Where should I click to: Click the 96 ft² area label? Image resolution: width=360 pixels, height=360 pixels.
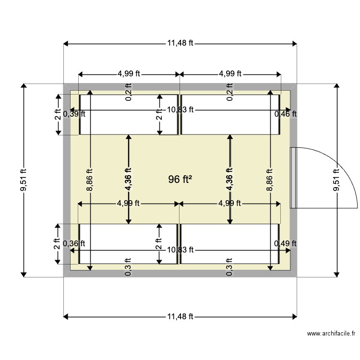tap(180, 180)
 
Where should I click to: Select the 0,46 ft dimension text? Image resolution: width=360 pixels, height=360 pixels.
tap(286, 114)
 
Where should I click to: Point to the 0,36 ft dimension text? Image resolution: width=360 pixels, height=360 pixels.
tap(74, 243)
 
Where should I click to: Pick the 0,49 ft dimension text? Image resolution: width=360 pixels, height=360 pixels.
tap(286, 243)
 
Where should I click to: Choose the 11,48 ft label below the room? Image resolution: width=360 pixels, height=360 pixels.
tap(180, 316)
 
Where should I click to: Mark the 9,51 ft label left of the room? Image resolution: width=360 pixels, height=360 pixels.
tap(23, 180)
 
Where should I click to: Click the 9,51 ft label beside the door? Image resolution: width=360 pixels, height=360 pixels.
tap(336, 180)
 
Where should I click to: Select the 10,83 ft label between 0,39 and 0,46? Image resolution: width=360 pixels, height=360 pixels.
tap(180, 109)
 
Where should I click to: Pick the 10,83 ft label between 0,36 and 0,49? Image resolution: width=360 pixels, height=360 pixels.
tap(180, 250)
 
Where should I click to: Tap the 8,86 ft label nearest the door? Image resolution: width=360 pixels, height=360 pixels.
tap(270, 180)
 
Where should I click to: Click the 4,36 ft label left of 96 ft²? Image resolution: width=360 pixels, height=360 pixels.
tap(128, 180)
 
